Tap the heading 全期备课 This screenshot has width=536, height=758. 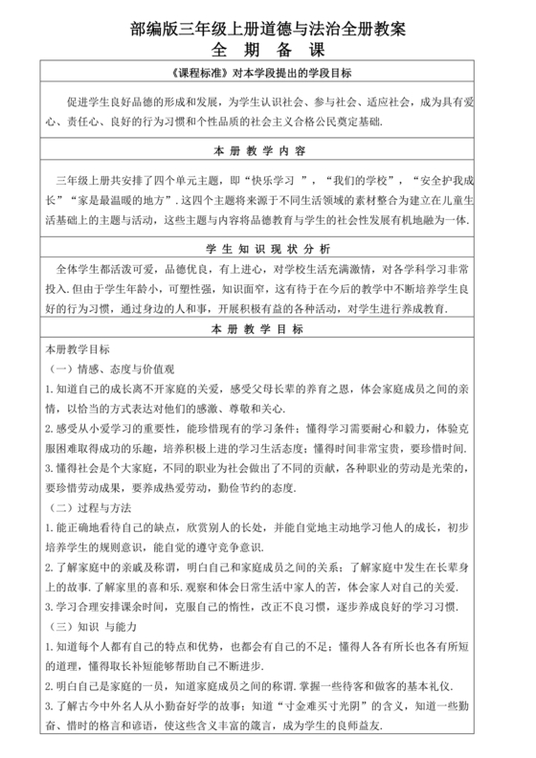pos(267,50)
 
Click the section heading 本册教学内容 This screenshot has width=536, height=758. pos(267,151)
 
